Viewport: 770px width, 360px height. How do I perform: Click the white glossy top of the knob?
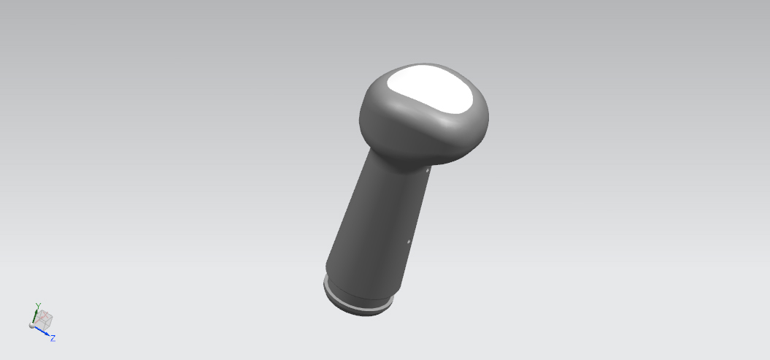click(430, 90)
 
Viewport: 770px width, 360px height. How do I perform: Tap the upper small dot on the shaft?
click(428, 170)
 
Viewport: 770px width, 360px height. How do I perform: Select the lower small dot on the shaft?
click(409, 241)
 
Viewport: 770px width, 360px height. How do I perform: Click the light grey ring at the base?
click(358, 302)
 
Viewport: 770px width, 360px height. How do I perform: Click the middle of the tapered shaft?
click(378, 221)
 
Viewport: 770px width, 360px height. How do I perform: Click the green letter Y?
click(38, 306)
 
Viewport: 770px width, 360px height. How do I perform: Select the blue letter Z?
click(53, 338)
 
